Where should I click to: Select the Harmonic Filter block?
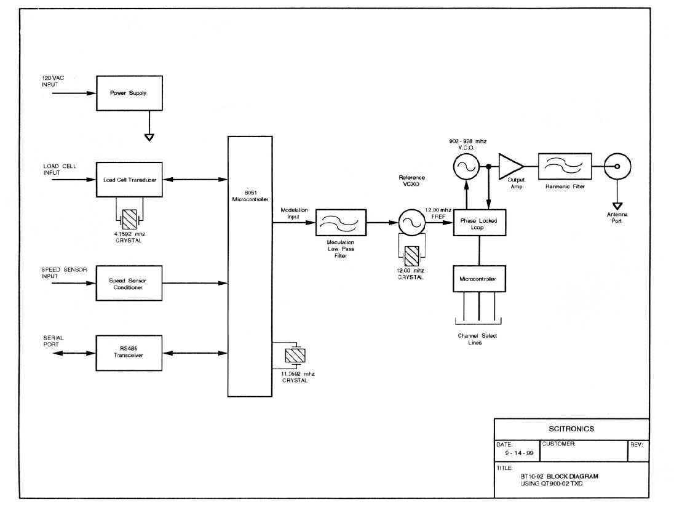tap(563, 166)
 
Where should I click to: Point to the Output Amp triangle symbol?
tap(510, 166)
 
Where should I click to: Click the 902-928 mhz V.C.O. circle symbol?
tap(466, 166)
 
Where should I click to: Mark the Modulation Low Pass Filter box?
tap(340, 223)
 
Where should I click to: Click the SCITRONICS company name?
tap(571, 429)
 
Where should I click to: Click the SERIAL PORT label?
tap(53, 341)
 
